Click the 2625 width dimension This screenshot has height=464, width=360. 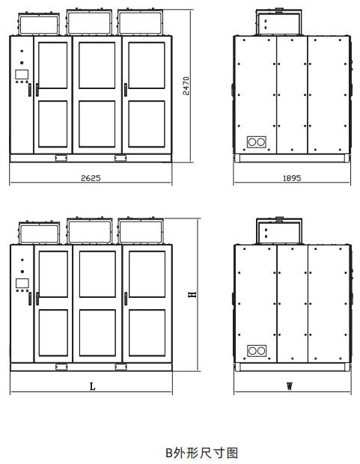(x=91, y=178)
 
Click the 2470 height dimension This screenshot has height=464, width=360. (x=186, y=86)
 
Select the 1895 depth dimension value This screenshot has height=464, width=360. (x=292, y=178)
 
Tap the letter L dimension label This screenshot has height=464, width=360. (x=92, y=386)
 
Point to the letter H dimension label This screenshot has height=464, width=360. (x=192, y=294)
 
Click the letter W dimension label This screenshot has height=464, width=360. (x=289, y=386)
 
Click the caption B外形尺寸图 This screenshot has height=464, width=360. (x=201, y=453)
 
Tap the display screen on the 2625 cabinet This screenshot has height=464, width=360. (x=22, y=74)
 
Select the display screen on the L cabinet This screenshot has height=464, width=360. (x=22, y=283)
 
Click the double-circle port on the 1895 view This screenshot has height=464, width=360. (x=257, y=142)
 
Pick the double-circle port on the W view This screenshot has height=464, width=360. (x=257, y=351)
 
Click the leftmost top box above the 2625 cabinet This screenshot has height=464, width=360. (x=38, y=24)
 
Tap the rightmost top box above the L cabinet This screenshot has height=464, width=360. (x=141, y=231)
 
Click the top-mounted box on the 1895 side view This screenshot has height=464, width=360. (x=279, y=22)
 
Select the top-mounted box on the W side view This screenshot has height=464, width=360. (x=279, y=231)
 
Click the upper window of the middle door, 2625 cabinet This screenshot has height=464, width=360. (x=97, y=65)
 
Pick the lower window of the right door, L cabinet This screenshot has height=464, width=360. (x=147, y=332)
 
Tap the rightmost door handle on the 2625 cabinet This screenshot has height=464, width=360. (x=126, y=90)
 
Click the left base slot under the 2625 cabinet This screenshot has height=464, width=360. (x=61, y=159)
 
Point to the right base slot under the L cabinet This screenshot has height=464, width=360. (x=120, y=367)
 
